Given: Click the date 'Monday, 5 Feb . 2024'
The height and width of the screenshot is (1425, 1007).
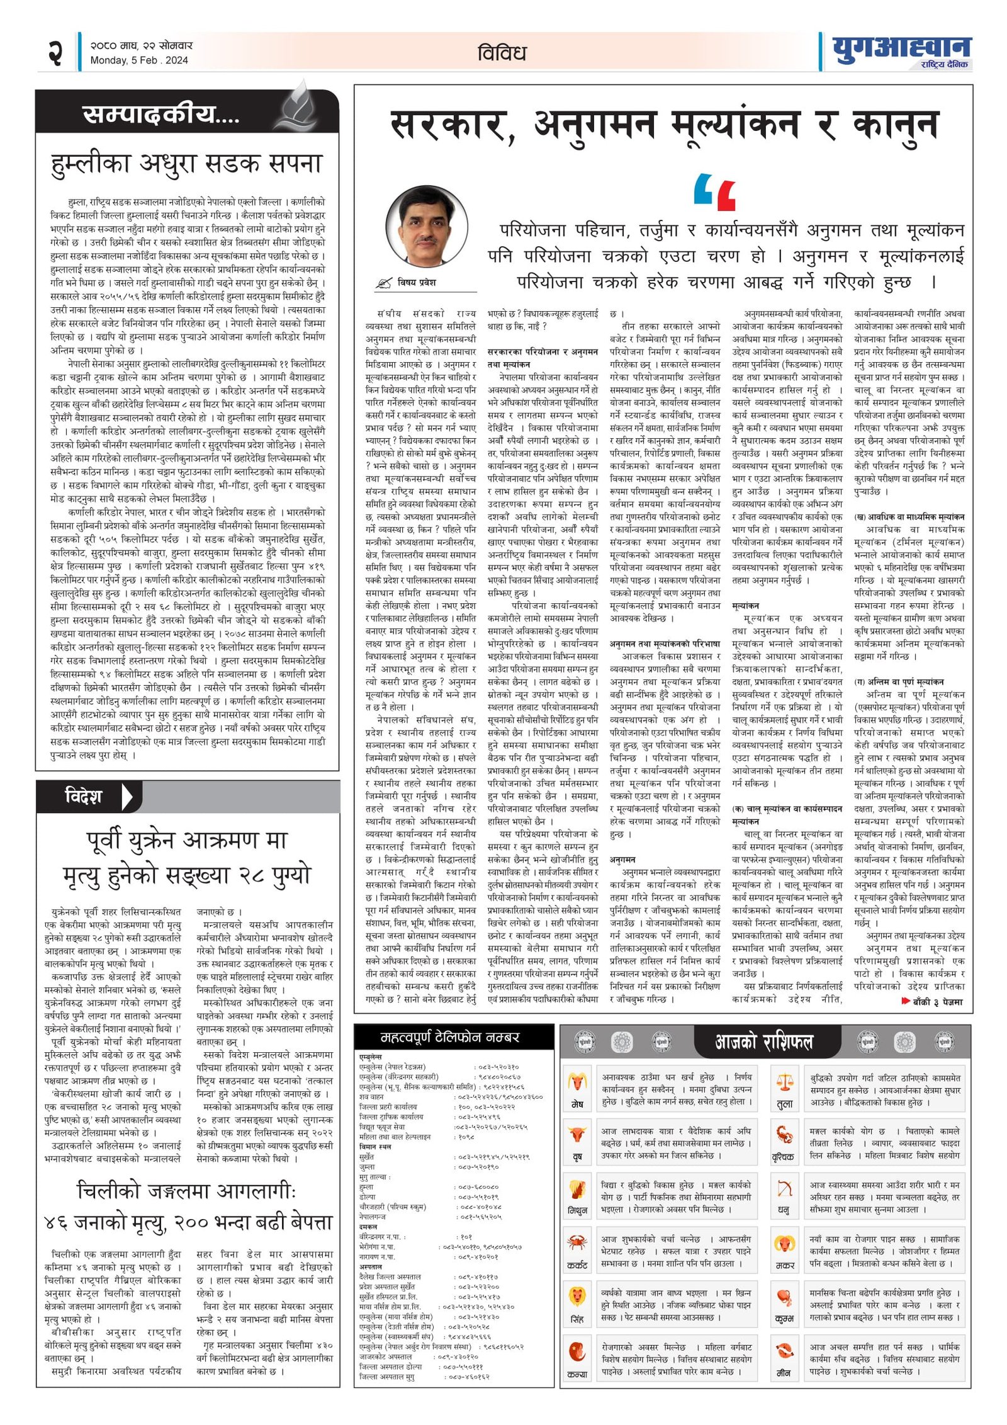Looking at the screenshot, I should (139, 60).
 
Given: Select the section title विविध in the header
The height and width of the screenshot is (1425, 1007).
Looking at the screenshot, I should (502, 53).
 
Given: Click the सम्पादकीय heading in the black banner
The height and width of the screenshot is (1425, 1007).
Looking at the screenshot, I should (160, 115).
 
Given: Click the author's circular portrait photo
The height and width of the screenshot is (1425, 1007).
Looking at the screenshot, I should (428, 226).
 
